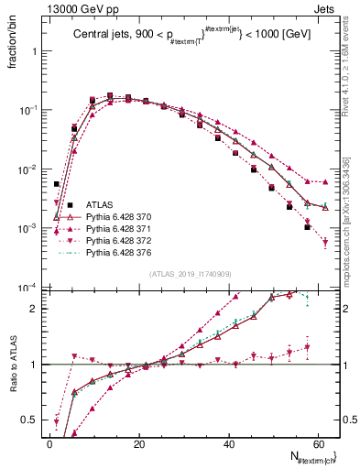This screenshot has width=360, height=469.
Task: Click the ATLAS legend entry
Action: point(101,206)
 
